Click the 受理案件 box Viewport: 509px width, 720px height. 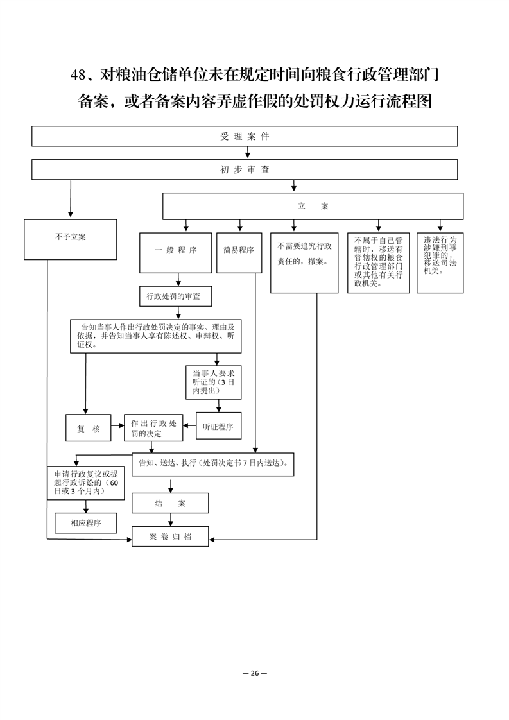click(x=245, y=136)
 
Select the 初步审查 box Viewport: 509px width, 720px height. click(x=245, y=169)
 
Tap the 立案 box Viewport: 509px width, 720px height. click(x=313, y=206)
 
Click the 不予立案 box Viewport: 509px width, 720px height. click(x=71, y=239)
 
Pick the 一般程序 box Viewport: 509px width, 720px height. click(x=175, y=253)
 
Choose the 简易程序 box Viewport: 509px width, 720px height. click(x=239, y=253)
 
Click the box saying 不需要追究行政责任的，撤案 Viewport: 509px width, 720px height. click(x=304, y=262)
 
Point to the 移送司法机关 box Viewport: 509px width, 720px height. click(x=440, y=262)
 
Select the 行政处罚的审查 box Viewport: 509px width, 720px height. click(x=176, y=296)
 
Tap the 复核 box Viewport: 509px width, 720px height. click(x=88, y=428)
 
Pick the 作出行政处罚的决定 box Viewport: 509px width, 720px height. click(x=153, y=428)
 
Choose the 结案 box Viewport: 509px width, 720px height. click(x=170, y=503)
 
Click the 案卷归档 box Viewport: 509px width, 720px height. click(x=170, y=536)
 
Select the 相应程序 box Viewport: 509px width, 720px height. click(x=86, y=523)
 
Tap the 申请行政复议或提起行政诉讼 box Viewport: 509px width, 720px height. click(x=86, y=483)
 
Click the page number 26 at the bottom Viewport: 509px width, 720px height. click(x=255, y=673)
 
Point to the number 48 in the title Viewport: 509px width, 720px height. click(x=78, y=75)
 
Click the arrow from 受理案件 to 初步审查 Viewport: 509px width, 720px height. click(x=248, y=153)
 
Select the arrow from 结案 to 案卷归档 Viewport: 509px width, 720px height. click(x=171, y=520)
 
